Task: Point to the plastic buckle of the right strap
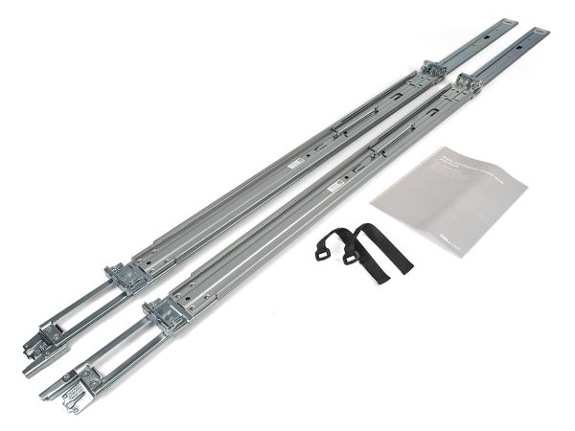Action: [353, 253]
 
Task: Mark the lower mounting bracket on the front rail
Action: [165, 311]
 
